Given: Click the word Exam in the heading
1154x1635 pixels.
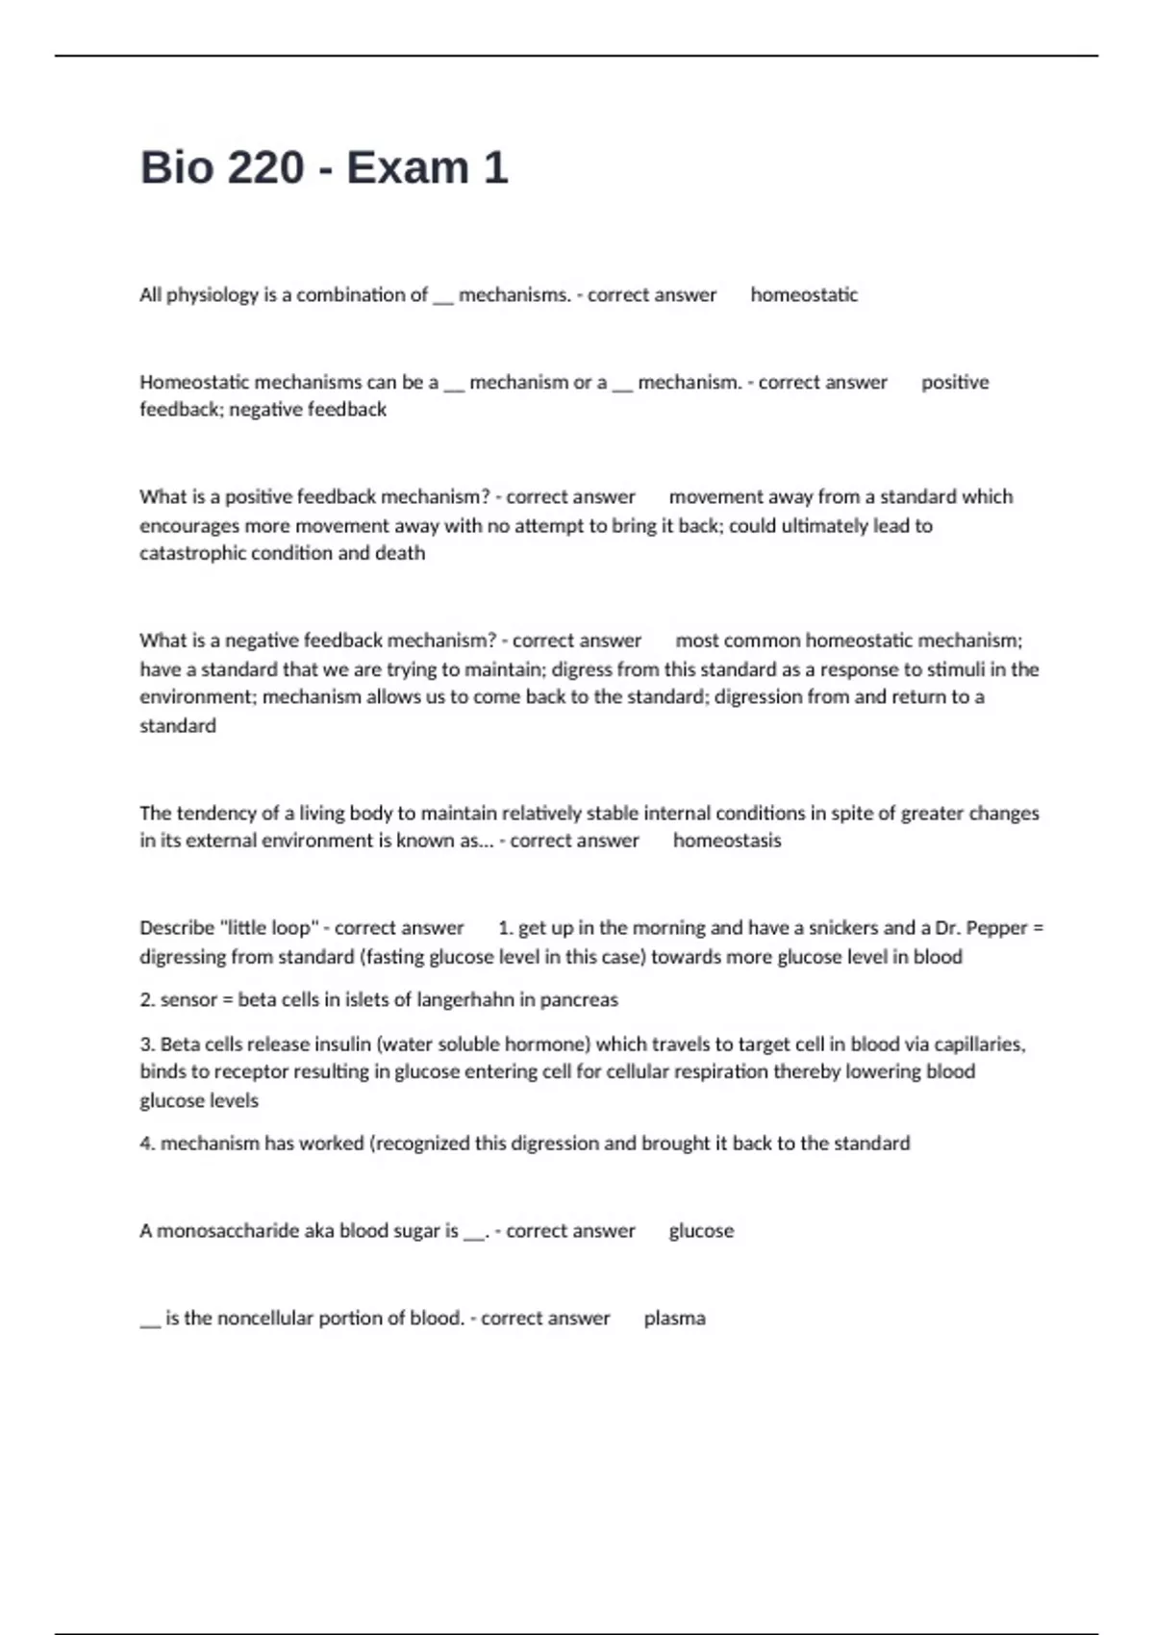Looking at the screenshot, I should (x=408, y=167).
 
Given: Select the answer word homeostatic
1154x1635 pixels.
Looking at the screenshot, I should (x=804, y=295).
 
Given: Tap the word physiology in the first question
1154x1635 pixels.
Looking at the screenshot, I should (x=213, y=295).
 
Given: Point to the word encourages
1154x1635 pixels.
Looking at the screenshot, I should (x=189, y=525).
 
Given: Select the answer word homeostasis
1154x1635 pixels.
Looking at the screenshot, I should (x=727, y=841).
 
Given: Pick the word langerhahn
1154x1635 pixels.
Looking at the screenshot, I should (x=465, y=1000).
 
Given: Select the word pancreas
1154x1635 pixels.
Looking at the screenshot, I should (x=579, y=1000).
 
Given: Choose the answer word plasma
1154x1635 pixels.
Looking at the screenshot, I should (x=674, y=1319).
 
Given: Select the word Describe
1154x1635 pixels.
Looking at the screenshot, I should (x=177, y=928).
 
